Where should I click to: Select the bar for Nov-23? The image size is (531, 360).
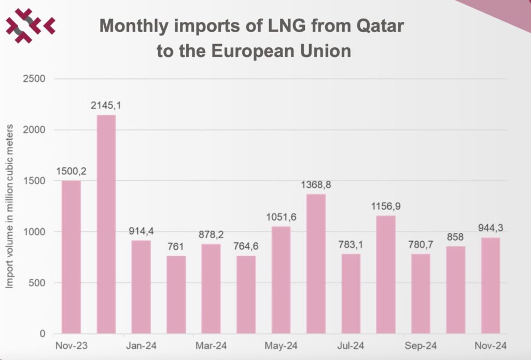pos(71,257)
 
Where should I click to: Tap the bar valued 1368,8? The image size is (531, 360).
pos(316,264)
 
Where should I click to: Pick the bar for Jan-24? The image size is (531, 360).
pos(141,287)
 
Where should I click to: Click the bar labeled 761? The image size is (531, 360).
pos(176,295)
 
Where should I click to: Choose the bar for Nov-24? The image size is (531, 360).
pos(491,285)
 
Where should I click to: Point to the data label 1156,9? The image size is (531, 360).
pos(386,206)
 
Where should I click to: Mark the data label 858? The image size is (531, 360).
pos(456,237)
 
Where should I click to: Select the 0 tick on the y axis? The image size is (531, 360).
pos(43,334)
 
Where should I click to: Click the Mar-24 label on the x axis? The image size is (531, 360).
pos(211,345)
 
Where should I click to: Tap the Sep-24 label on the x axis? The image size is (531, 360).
pos(421,345)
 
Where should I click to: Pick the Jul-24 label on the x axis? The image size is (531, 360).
pos(351,345)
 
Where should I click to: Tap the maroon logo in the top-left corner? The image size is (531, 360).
pos(30,24)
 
